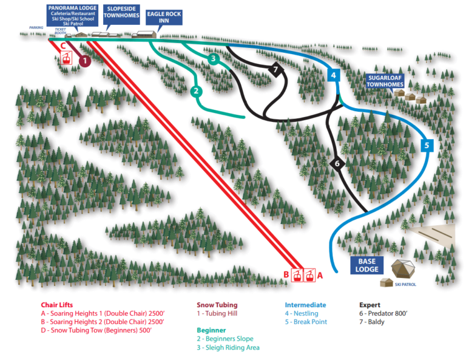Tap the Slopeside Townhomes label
(121, 13)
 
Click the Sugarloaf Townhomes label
(385, 81)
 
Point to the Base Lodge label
(366, 265)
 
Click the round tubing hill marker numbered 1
(84, 60)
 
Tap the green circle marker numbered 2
(195, 91)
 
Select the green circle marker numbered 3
(213, 59)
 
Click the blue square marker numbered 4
(333, 75)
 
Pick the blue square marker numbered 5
(427, 145)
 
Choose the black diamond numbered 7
(276, 70)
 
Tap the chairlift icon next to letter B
(297, 275)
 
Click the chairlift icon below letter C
(65, 59)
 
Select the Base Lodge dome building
(404, 269)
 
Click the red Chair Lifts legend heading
(58, 305)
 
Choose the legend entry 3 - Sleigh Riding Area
(228, 347)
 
